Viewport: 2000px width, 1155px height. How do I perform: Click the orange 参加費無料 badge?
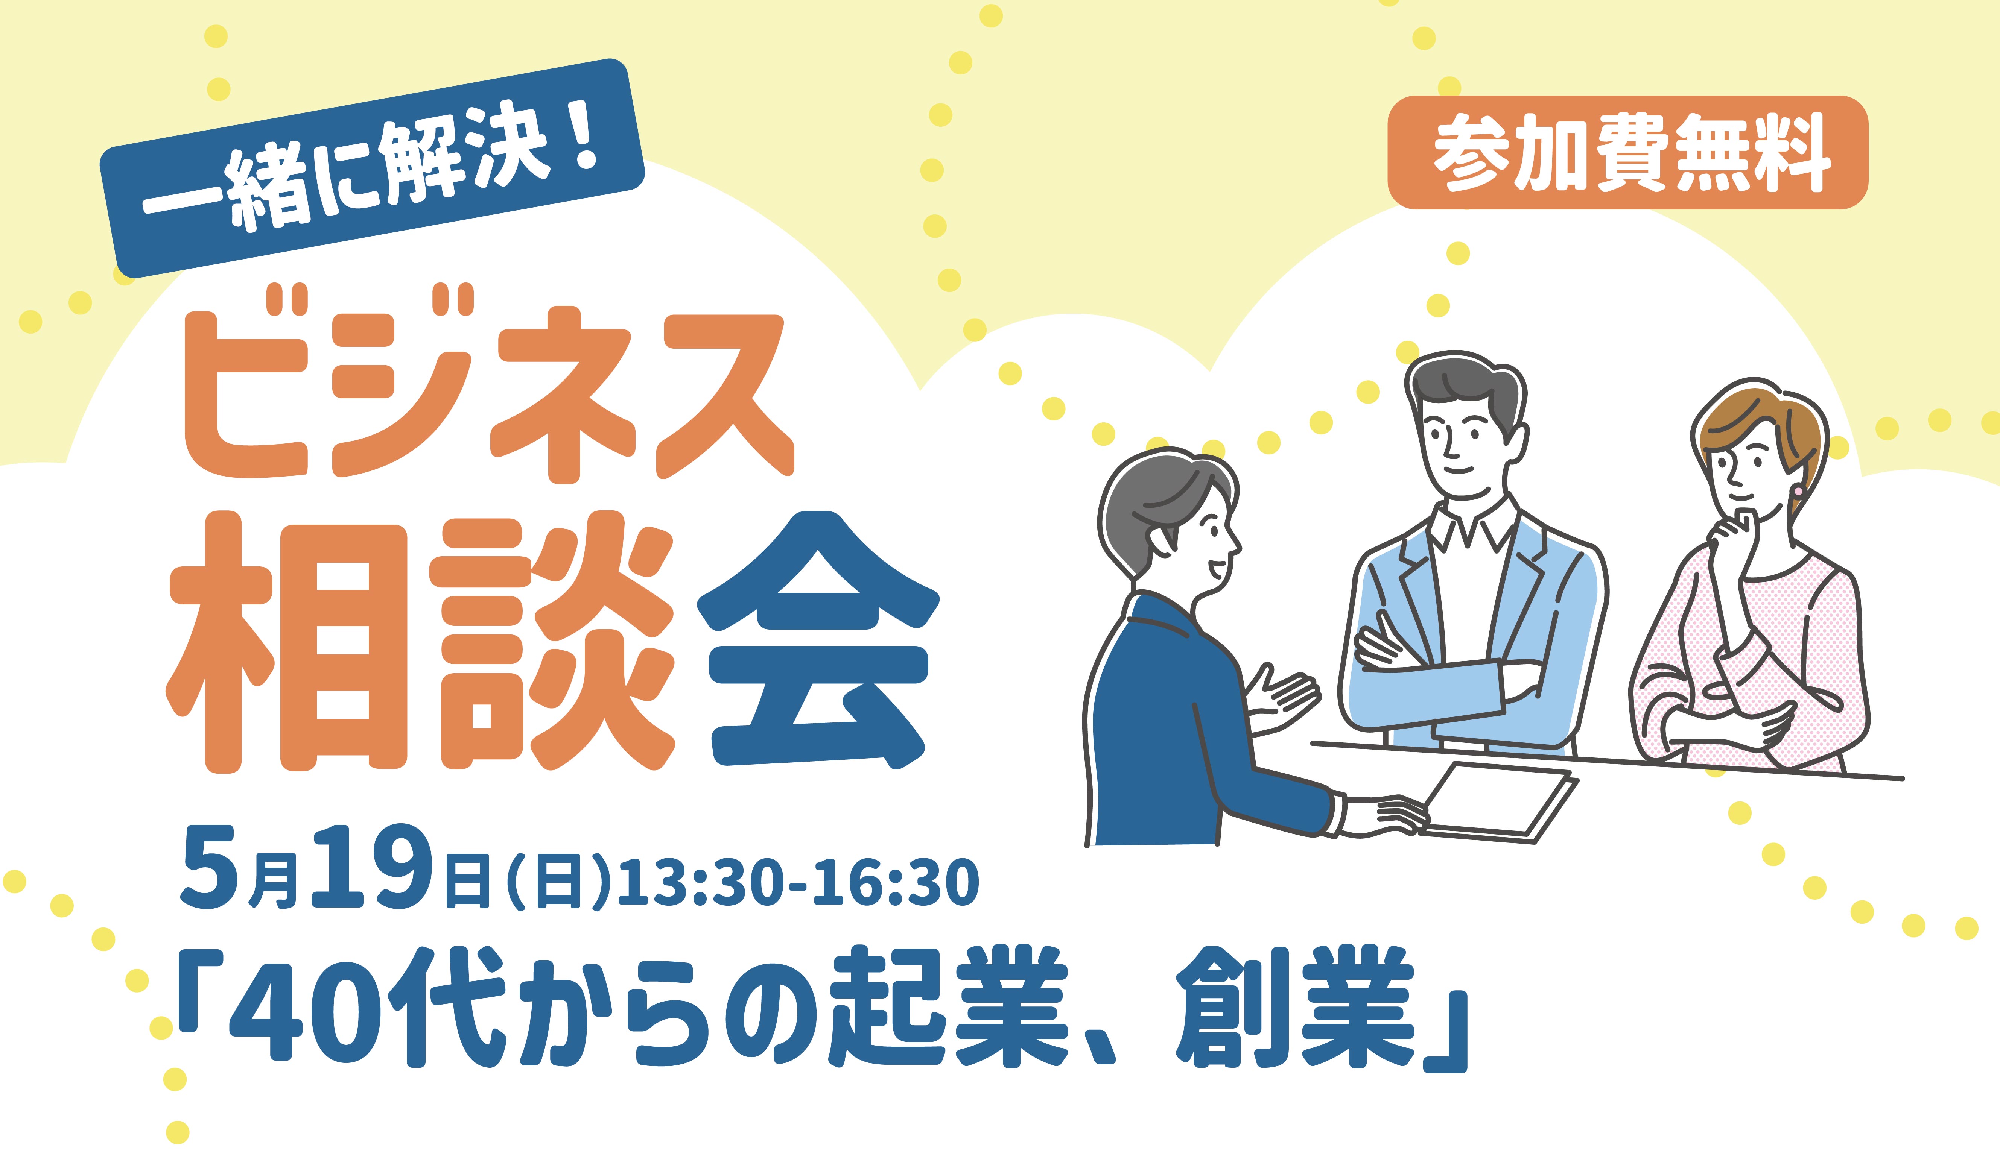point(1627,152)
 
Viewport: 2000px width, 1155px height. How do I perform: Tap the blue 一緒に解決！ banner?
point(371,168)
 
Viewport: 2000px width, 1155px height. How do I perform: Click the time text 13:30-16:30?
point(798,882)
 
